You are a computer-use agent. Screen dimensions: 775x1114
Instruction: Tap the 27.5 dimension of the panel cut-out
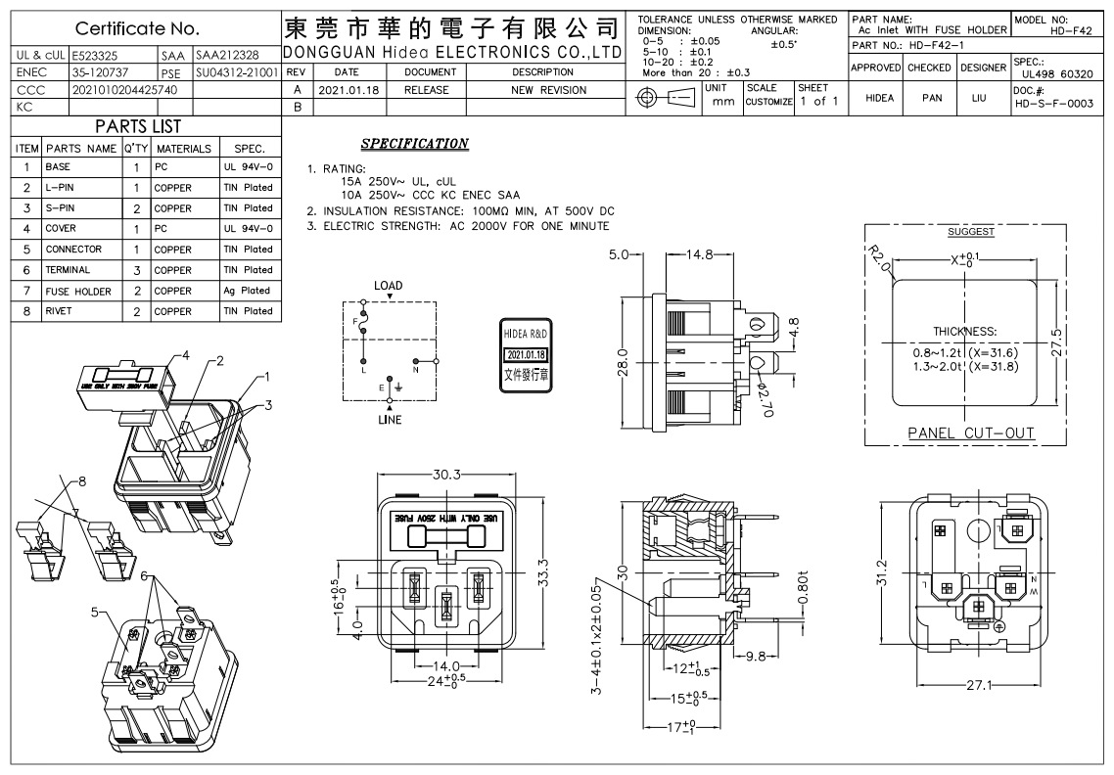pos(1056,343)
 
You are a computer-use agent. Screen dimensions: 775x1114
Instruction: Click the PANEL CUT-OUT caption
pos(971,433)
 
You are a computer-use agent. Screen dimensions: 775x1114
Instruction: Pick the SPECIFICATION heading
pos(414,144)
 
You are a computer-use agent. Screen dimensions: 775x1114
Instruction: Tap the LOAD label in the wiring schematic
pos(388,286)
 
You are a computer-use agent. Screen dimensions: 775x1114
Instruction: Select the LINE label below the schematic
pos(390,420)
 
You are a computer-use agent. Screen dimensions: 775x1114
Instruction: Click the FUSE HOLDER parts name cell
pos(78,291)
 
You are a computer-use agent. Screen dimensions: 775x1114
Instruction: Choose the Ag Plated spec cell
pos(247,291)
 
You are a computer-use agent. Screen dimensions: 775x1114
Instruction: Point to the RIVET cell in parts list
pos(60,311)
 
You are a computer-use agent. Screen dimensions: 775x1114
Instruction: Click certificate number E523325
pos(93,56)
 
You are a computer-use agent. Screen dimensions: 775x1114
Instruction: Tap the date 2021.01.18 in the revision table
pos(348,90)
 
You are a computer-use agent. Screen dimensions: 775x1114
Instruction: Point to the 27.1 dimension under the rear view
pos(978,685)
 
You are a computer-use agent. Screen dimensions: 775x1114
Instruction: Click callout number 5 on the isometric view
pos(96,613)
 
